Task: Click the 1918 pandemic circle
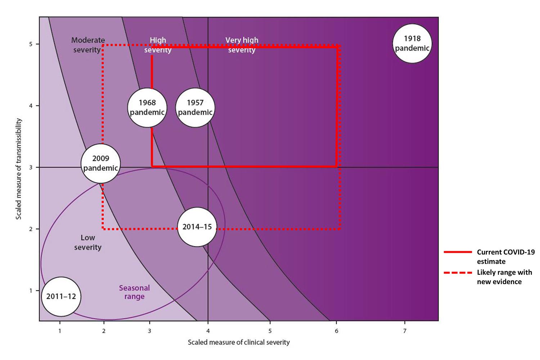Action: point(412,44)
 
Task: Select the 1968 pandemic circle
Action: point(147,108)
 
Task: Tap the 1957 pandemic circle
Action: point(195,108)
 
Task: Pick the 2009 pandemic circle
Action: point(100,163)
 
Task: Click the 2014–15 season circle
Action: point(197,227)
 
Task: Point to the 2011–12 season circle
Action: point(61,297)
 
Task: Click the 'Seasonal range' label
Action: point(134,292)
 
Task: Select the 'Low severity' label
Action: point(87,242)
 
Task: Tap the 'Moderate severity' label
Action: point(88,45)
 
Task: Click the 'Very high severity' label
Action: point(242,45)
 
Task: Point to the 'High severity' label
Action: point(158,45)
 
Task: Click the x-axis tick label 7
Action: point(405,331)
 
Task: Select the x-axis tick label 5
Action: point(270,331)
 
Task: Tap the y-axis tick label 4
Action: point(31,106)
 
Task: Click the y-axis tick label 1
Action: point(31,291)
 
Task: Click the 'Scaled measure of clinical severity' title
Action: point(239,342)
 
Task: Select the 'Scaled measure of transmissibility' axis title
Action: point(19,169)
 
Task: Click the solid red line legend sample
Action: point(458,252)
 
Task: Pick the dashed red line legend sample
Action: point(458,273)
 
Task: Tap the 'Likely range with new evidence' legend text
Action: point(504,277)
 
